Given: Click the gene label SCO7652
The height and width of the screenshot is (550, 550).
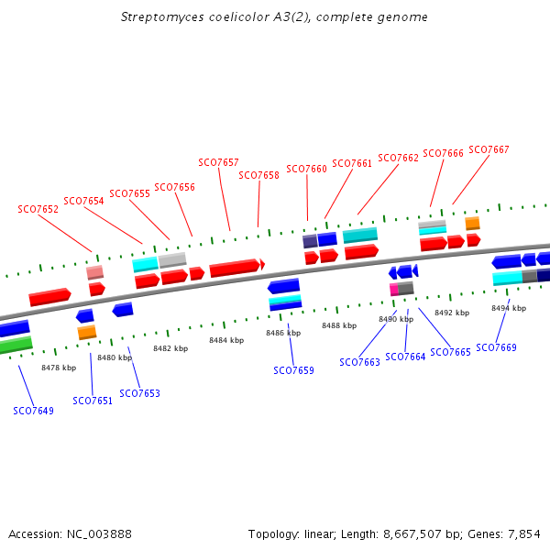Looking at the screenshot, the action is (x=38, y=209).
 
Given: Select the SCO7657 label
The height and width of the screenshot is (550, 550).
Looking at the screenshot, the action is (x=218, y=162).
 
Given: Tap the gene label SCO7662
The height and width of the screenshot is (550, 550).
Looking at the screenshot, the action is (x=398, y=158).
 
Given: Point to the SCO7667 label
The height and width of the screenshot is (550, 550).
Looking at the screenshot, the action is (x=489, y=149).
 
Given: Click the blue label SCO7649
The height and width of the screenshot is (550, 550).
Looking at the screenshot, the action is (x=33, y=411).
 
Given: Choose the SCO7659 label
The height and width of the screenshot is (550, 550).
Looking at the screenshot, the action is (x=293, y=370).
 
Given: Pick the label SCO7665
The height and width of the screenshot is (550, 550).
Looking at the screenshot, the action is (x=450, y=352).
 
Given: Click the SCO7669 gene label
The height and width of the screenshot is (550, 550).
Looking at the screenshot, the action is (x=496, y=347).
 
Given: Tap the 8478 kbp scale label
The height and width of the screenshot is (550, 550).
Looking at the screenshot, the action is (x=59, y=368).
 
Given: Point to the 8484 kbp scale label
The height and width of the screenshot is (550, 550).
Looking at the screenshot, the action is (x=226, y=340).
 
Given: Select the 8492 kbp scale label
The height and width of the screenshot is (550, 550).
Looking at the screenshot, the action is (x=452, y=313).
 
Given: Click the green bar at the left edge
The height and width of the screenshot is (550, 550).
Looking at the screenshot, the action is (x=16, y=345).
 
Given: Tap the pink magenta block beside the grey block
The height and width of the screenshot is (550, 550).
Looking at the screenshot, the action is (x=394, y=290).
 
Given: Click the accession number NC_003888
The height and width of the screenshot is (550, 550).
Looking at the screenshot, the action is (x=99, y=534).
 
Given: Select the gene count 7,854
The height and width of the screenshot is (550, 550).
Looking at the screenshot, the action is (x=524, y=534).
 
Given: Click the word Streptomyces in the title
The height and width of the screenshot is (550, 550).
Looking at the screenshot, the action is (x=162, y=17).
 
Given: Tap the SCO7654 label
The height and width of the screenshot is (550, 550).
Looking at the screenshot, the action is (x=83, y=201).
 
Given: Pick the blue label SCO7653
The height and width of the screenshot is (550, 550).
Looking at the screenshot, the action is (x=139, y=393).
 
